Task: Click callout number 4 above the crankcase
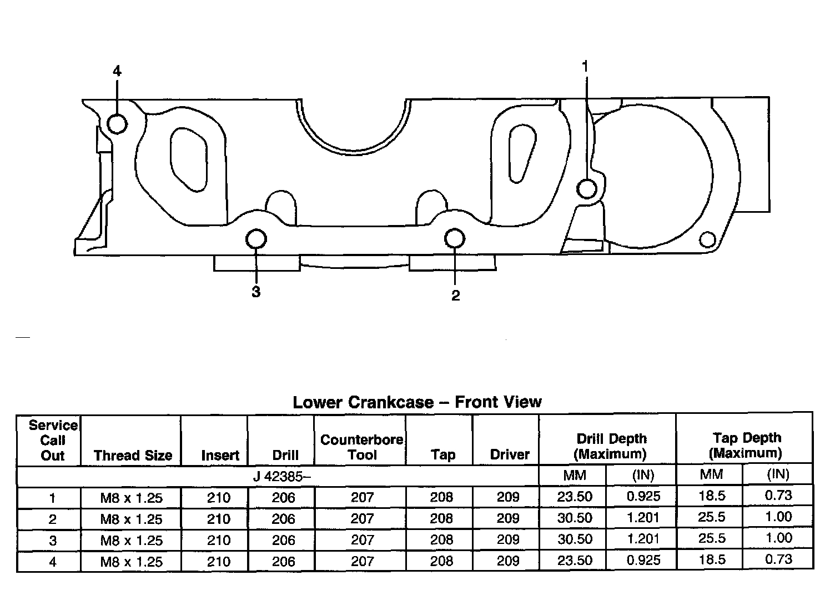(117, 71)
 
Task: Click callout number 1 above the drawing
(585, 66)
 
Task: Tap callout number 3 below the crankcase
(256, 292)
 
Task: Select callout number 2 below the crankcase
(455, 296)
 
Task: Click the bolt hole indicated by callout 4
(117, 123)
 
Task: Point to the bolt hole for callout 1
(587, 189)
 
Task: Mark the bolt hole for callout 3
(256, 239)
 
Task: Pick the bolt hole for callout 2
(455, 238)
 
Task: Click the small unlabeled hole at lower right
(707, 239)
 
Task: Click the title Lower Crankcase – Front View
(417, 402)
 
